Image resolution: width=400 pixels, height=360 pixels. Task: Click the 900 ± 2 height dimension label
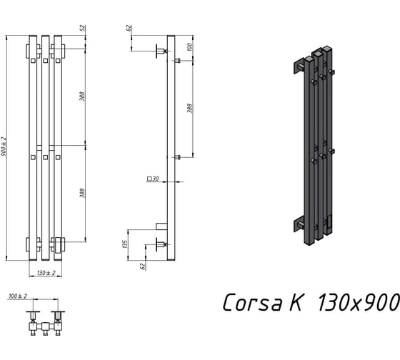click(x=4, y=147)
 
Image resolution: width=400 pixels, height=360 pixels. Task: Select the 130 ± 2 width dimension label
click(x=46, y=273)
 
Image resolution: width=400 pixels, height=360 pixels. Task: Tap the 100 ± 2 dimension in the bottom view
click(x=18, y=296)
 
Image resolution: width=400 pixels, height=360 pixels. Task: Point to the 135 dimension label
click(x=124, y=244)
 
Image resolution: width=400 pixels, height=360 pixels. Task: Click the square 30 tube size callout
click(x=153, y=179)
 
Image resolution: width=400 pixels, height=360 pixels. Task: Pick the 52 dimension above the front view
click(x=84, y=28)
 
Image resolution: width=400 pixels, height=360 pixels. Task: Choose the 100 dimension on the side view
click(x=189, y=47)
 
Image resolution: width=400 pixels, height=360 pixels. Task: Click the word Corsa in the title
click(x=252, y=302)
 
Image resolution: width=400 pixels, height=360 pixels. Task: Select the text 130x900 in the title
click(x=358, y=302)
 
